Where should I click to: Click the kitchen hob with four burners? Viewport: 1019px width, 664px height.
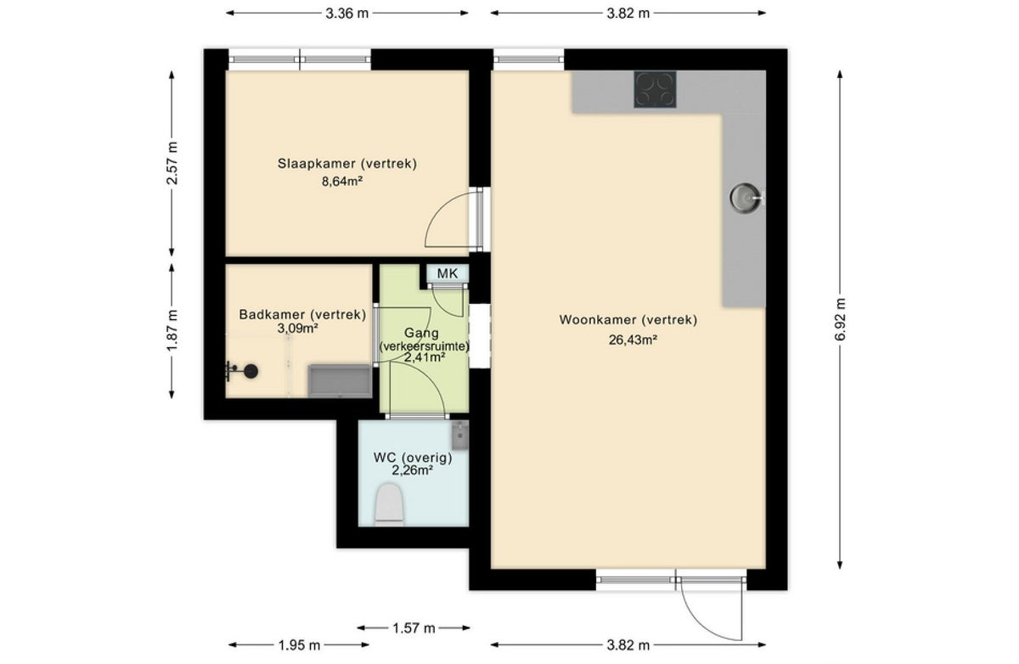click(655, 89)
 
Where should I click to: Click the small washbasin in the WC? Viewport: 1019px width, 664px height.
click(460, 436)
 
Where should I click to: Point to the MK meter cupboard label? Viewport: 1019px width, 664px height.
click(448, 273)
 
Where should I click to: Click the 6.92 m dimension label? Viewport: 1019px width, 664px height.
click(840, 319)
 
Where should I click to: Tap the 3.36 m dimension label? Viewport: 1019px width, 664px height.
click(346, 14)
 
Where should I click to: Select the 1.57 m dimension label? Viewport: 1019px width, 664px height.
click(414, 628)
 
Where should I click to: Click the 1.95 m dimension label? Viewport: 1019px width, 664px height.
click(299, 645)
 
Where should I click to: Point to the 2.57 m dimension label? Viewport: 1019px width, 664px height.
click(172, 163)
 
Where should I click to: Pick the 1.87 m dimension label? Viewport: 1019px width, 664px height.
click(172, 330)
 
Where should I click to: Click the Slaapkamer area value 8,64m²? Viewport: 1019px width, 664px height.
click(342, 182)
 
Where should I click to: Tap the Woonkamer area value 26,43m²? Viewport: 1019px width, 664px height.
click(633, 340)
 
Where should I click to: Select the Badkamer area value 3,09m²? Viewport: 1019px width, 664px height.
click(297, 328)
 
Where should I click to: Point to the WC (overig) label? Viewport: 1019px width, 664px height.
click(413, 458)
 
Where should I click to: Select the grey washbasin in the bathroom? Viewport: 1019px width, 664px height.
click(340, 380)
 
